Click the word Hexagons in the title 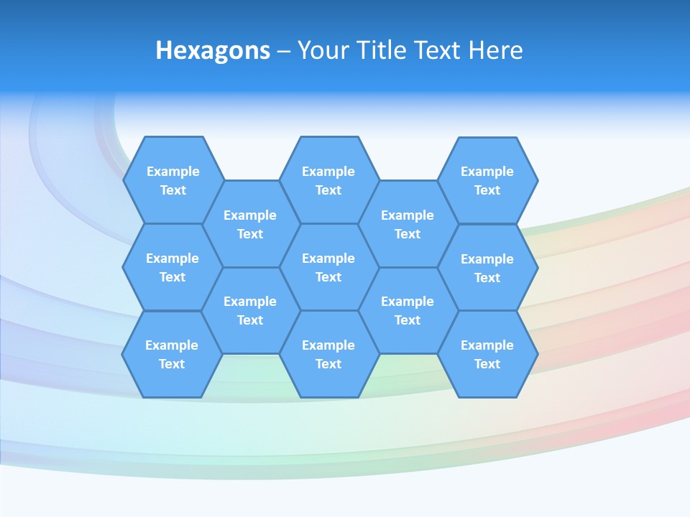click(213, 50)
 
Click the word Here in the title click(495, 50)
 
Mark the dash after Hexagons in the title click(283, 51)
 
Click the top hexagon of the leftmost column click(173, 180)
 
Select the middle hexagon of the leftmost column click(172, 267)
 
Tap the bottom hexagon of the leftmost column click(172, 354)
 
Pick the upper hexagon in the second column click(250, 224)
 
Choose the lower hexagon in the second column click(250, 310)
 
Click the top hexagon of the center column click(328, 180)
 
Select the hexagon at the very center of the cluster click(328, 267)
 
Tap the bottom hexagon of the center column click(328, 354)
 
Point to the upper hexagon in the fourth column click(408, 224)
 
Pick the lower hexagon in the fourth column click(408, 310)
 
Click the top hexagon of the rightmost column click(487, 180)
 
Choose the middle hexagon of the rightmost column click(487, 268)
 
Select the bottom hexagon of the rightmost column click(487, 354)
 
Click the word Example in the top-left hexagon click(173, 172)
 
